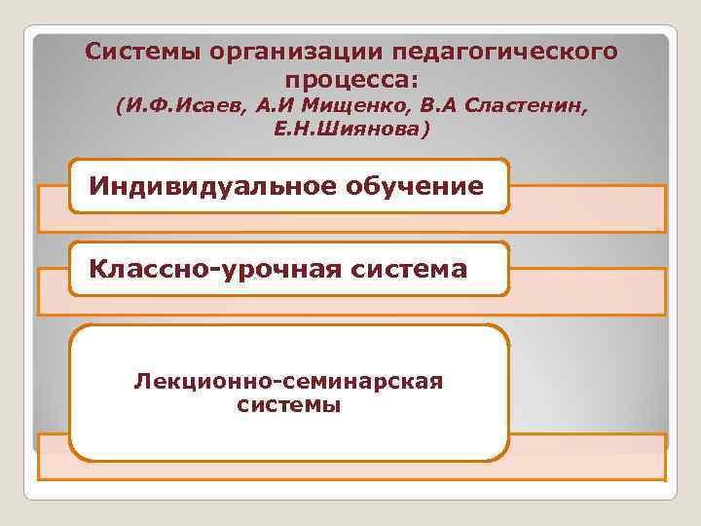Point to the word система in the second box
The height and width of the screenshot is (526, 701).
[x=410, y=268]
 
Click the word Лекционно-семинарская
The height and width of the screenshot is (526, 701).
[x=289, y=382]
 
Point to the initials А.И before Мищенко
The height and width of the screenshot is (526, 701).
[x=276, y=105]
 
